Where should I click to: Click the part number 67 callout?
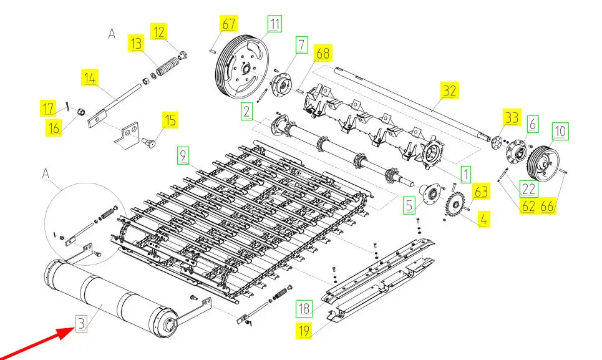pyautogui.click(x=229, y=24)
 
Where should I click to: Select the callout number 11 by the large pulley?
pyautogui.click(x=274, y=24)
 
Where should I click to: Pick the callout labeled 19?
pyautogui.click(x=304, y=331)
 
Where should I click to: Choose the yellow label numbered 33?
pyautogui.click(x=512, y=117)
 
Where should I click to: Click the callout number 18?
pyautogui.click(x=304, y=308)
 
